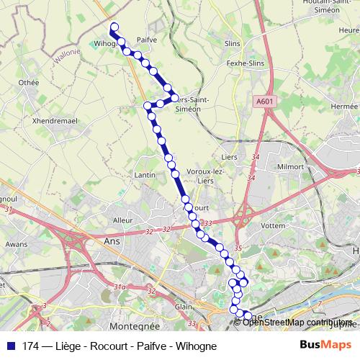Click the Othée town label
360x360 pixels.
[29, 83]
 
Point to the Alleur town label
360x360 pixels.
[123, 220]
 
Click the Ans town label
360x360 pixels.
[112, 242]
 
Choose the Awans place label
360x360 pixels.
[17, 244]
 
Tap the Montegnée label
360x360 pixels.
[130, 326]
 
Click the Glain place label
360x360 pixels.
[184, 306]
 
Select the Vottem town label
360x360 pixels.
[274, 225]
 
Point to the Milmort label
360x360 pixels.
[290, 166]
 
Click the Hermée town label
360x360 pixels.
[343, 105]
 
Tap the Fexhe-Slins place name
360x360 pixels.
[247, 64]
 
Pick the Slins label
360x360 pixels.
[232, 43]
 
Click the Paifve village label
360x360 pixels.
[145, 40]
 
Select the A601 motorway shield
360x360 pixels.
[264, 102]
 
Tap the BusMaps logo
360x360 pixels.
[321, 346]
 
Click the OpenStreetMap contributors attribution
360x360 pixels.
[297, 323]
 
